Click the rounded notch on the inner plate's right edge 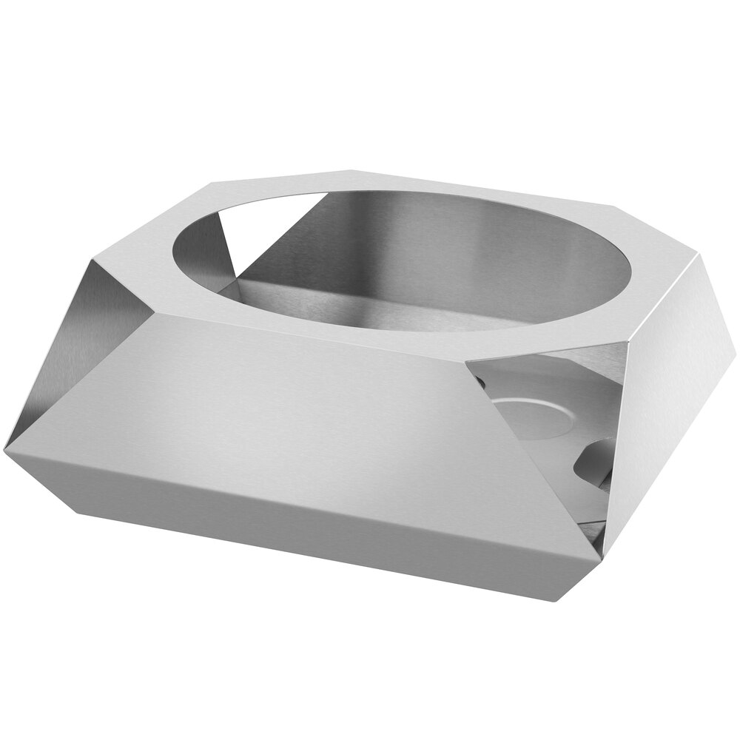click(596, 462)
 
